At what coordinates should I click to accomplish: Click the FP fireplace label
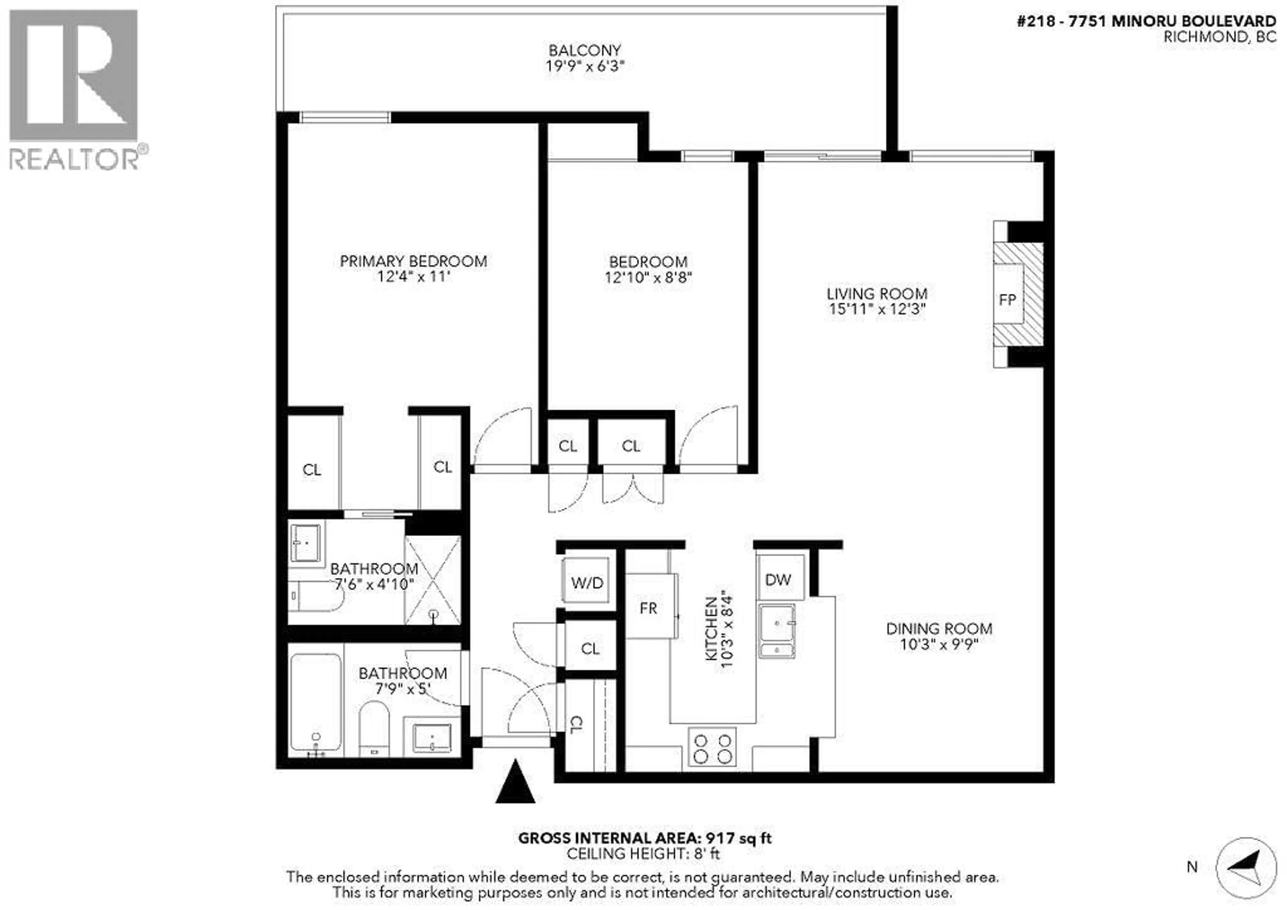pos(1007,300)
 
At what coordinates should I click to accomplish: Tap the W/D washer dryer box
pos(586,583)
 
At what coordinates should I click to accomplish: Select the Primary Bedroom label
pos(413,261)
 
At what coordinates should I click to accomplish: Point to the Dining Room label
pos(939,628)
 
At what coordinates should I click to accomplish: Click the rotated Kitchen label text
pos(711,628)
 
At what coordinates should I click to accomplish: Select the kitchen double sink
pos(776,631)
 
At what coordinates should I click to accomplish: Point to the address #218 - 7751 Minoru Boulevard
pos(1146,21)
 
